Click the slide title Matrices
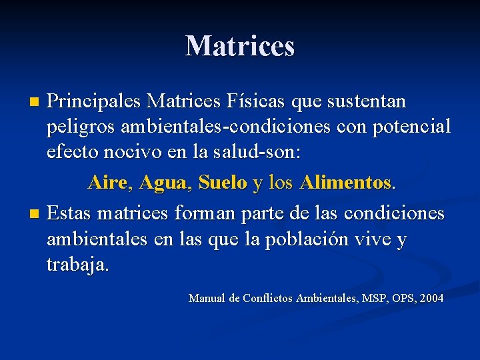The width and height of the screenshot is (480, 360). (240, 46)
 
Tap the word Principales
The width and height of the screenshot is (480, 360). (94, 102)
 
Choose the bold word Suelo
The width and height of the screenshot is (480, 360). (223, 182)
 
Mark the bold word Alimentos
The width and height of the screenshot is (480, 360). (345, 182)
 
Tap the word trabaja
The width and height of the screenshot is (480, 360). (77, 264)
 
